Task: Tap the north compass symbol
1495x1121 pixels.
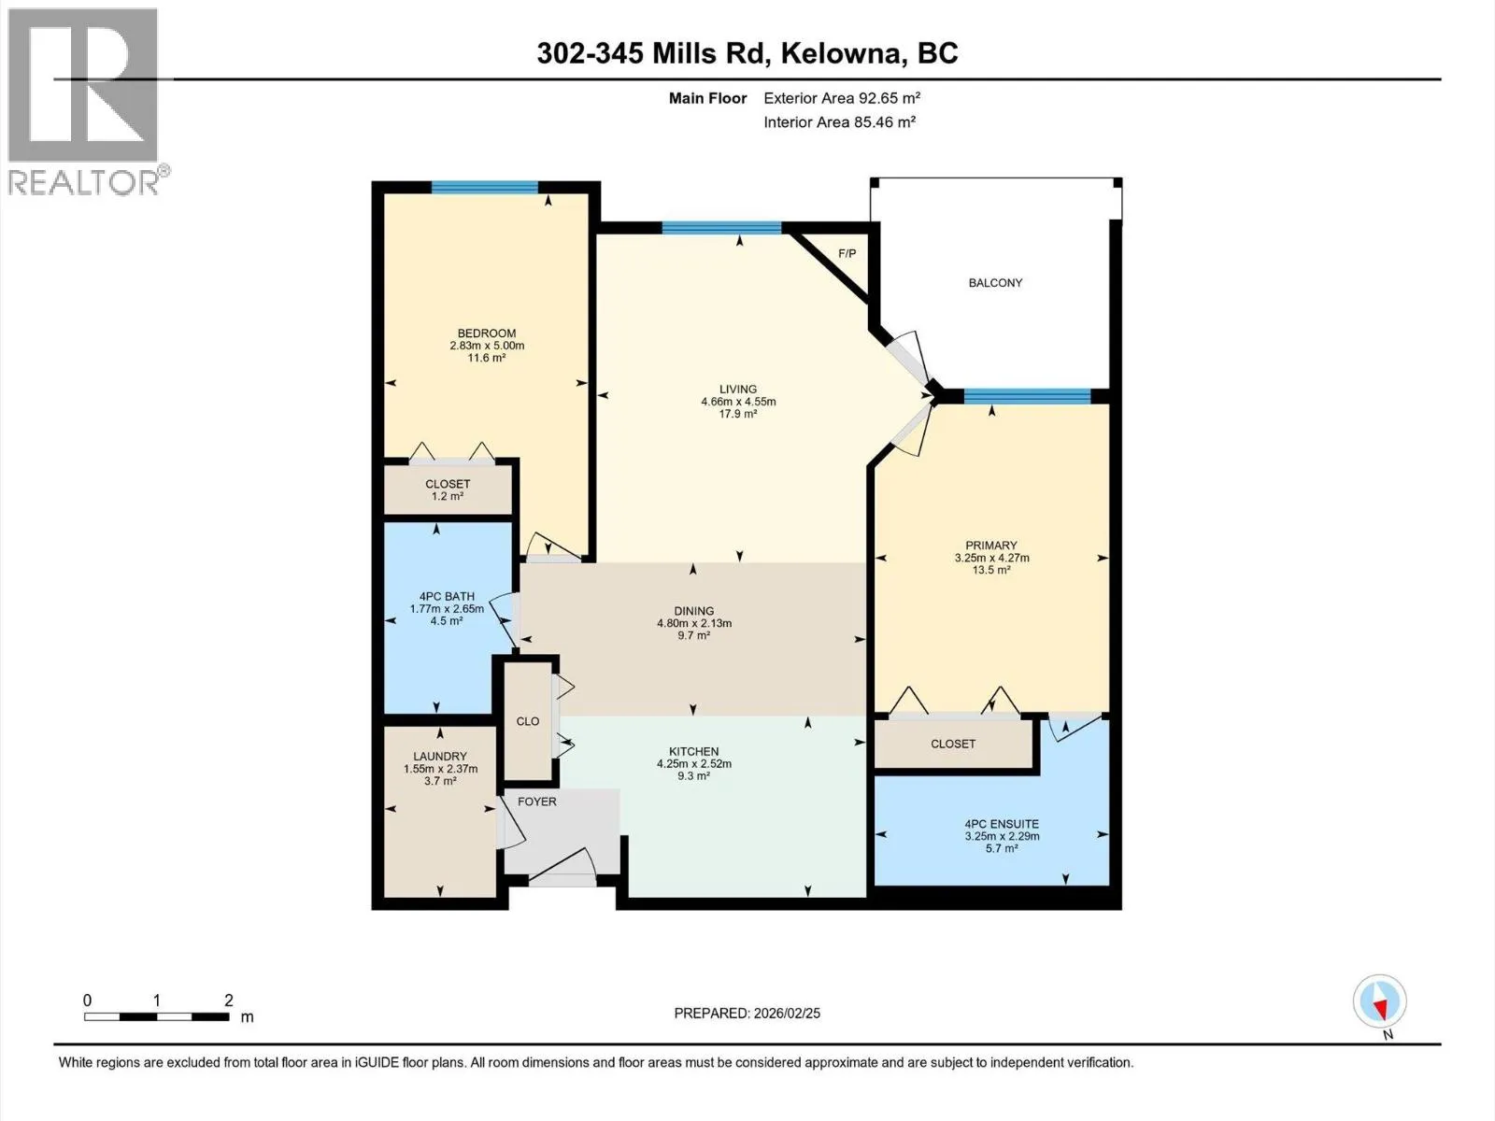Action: (1380, 1000)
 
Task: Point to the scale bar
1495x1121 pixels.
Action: (157, 1017)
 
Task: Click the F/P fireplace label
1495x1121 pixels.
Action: (847, 254)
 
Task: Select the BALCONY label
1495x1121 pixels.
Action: (995, 283)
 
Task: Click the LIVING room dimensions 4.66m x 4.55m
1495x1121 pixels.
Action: (738, 402)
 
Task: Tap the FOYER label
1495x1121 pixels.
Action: (536, 802)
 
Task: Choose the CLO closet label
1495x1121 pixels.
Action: (528, 721)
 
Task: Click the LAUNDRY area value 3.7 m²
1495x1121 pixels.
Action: (440, 781)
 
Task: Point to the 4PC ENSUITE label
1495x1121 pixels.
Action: (1002, 824)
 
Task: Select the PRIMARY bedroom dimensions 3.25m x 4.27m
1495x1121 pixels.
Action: (991, 558)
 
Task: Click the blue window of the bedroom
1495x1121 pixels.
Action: (485, 187)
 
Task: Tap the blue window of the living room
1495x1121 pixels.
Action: (722, 228)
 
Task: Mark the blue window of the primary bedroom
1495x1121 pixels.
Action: (1027, 396)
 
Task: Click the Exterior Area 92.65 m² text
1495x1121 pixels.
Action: (842, 98)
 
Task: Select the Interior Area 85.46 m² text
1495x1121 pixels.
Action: (839, 122)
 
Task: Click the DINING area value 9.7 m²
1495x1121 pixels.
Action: (694, 636)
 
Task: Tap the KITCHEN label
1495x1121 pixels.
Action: (694, 751)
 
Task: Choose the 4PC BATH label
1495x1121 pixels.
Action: (447, 597)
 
